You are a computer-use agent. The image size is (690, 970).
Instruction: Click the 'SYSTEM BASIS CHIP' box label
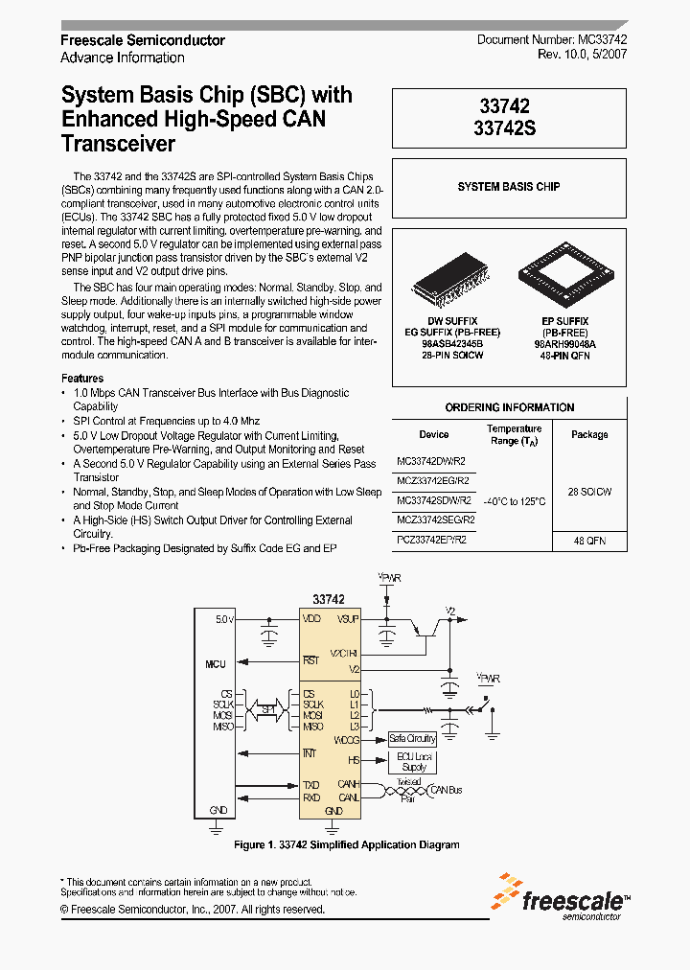click(x=509, y=186)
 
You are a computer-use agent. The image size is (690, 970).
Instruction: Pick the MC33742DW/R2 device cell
click(x=431, y=461)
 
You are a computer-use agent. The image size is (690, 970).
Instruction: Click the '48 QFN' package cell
click(x=589, y=541)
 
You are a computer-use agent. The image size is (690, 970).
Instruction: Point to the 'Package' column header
click(x=589, y=434)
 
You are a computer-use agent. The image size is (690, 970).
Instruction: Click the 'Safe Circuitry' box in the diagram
click(x=412, y=738)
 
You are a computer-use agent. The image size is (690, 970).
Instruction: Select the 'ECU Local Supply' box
click(x=413, y=762)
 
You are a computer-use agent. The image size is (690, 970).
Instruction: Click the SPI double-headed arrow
click(x=269, y=710)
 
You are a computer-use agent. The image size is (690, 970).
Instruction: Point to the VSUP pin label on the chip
click(x=347, y=619)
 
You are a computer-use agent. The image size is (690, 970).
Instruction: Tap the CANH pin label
click(x=348, y=784)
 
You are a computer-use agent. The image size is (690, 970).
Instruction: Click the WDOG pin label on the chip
click(x=346, y=739)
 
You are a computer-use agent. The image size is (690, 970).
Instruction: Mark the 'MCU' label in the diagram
click(x=216, y=664)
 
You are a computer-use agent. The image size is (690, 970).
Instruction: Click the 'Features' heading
click(x=82, y=379)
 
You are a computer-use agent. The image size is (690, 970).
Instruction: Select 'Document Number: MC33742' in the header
click(x=552, y=40)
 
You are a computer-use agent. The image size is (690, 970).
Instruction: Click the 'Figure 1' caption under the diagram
click(x=347, y=844)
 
